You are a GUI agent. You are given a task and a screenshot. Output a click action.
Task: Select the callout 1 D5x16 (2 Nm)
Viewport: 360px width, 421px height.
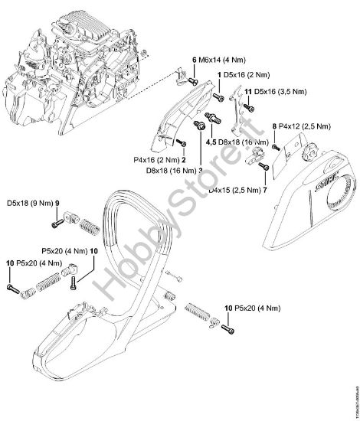pyautogui.click(x=244, y=73)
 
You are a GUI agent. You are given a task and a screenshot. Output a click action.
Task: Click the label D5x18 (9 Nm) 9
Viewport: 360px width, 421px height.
pyautogui.click(x=33, y=203)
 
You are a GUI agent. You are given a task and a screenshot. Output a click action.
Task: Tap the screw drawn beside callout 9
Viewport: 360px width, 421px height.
pyautogui.click(x=56, y=224)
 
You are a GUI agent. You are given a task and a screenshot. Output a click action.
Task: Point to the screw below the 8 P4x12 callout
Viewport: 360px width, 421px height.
pyautogui.click(x=275, y=145)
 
